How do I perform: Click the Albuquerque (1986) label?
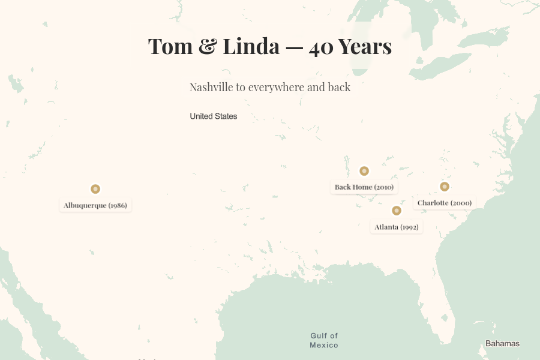(95, 205)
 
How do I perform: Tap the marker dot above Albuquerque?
(95, 189)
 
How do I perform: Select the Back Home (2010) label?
(364, 187)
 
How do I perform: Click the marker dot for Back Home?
(364, 171)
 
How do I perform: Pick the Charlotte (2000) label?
(444, 203)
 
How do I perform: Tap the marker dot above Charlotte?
(445, 187)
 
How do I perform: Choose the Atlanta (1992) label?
(396, 227)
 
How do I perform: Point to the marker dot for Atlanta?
(396, 211)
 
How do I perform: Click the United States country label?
(214, 116)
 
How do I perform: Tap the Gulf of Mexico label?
(324, 340)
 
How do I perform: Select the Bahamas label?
(502, 344)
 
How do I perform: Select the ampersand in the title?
(208, 47)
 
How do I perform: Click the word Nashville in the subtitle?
(211, 87)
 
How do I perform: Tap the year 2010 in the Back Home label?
(384, 187)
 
